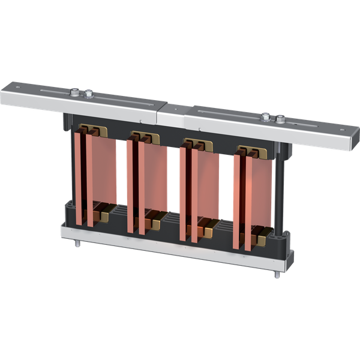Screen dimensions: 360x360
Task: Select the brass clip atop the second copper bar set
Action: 143,137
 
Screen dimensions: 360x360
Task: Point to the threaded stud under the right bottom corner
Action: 278,275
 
